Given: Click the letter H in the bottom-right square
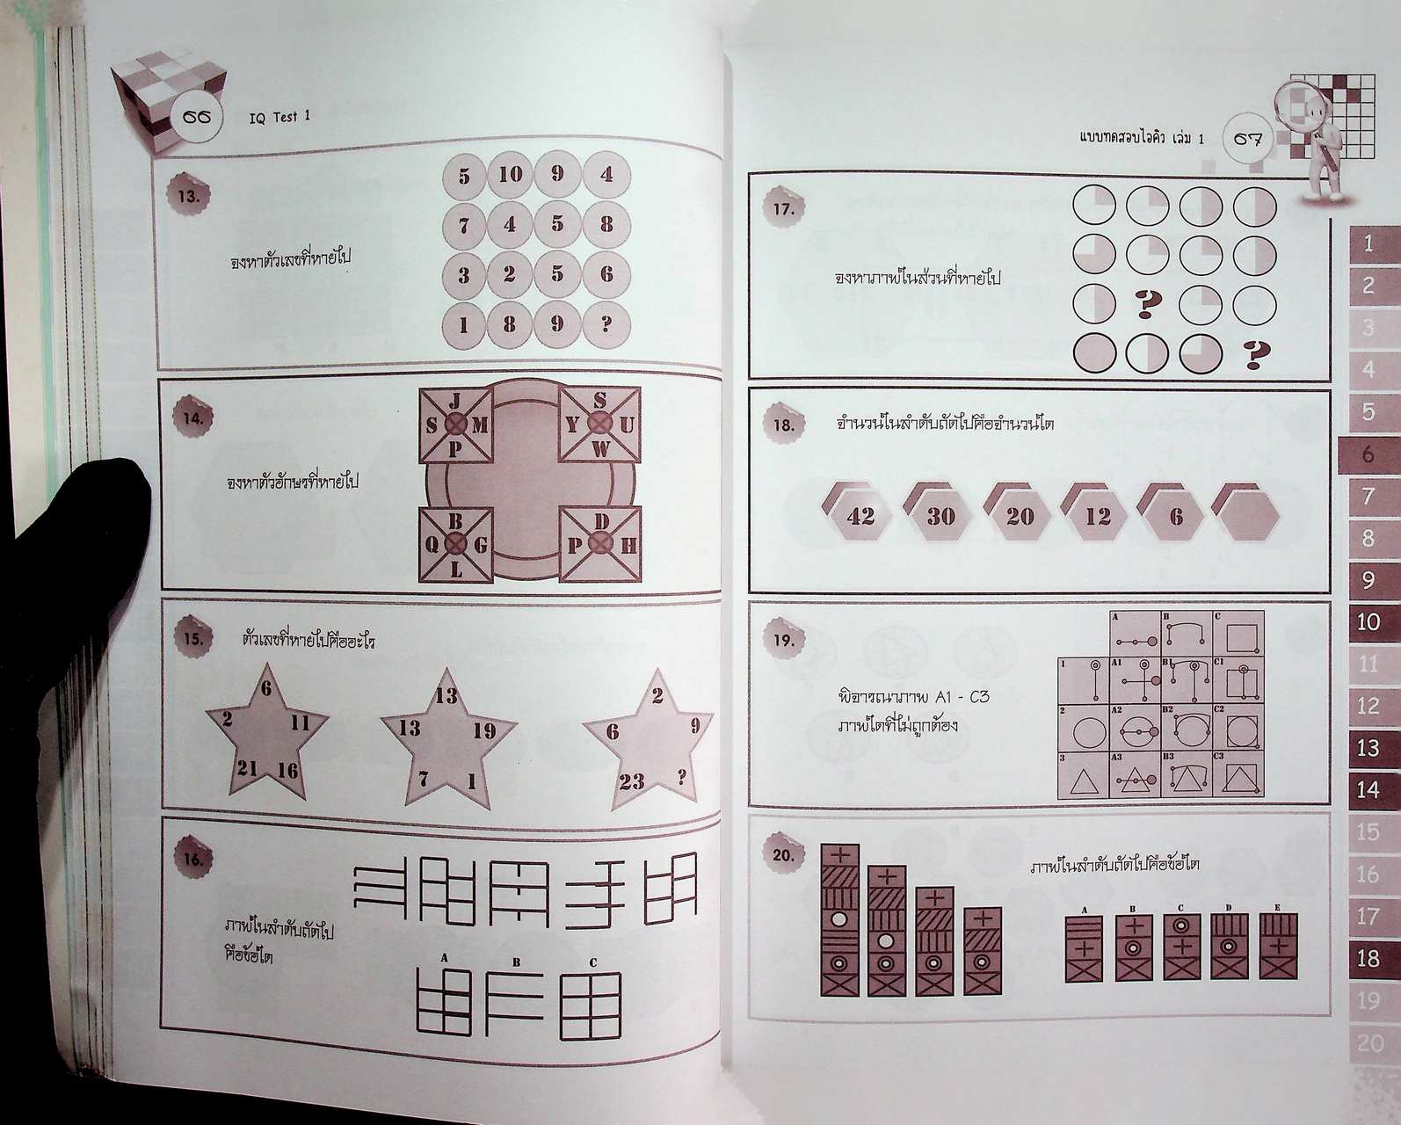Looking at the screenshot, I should [629, 545].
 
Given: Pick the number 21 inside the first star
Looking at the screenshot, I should [246, 770].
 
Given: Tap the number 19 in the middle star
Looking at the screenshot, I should [483, 730].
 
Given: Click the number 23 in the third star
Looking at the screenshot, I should [631, 781].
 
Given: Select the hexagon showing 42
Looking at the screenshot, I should [860, 516].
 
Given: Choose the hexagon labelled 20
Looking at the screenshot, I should [1019, 516].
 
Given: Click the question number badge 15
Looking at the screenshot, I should [192, 639].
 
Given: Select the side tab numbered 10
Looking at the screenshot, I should [1368, 622].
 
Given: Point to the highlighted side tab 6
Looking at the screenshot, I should [1368, 454].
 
